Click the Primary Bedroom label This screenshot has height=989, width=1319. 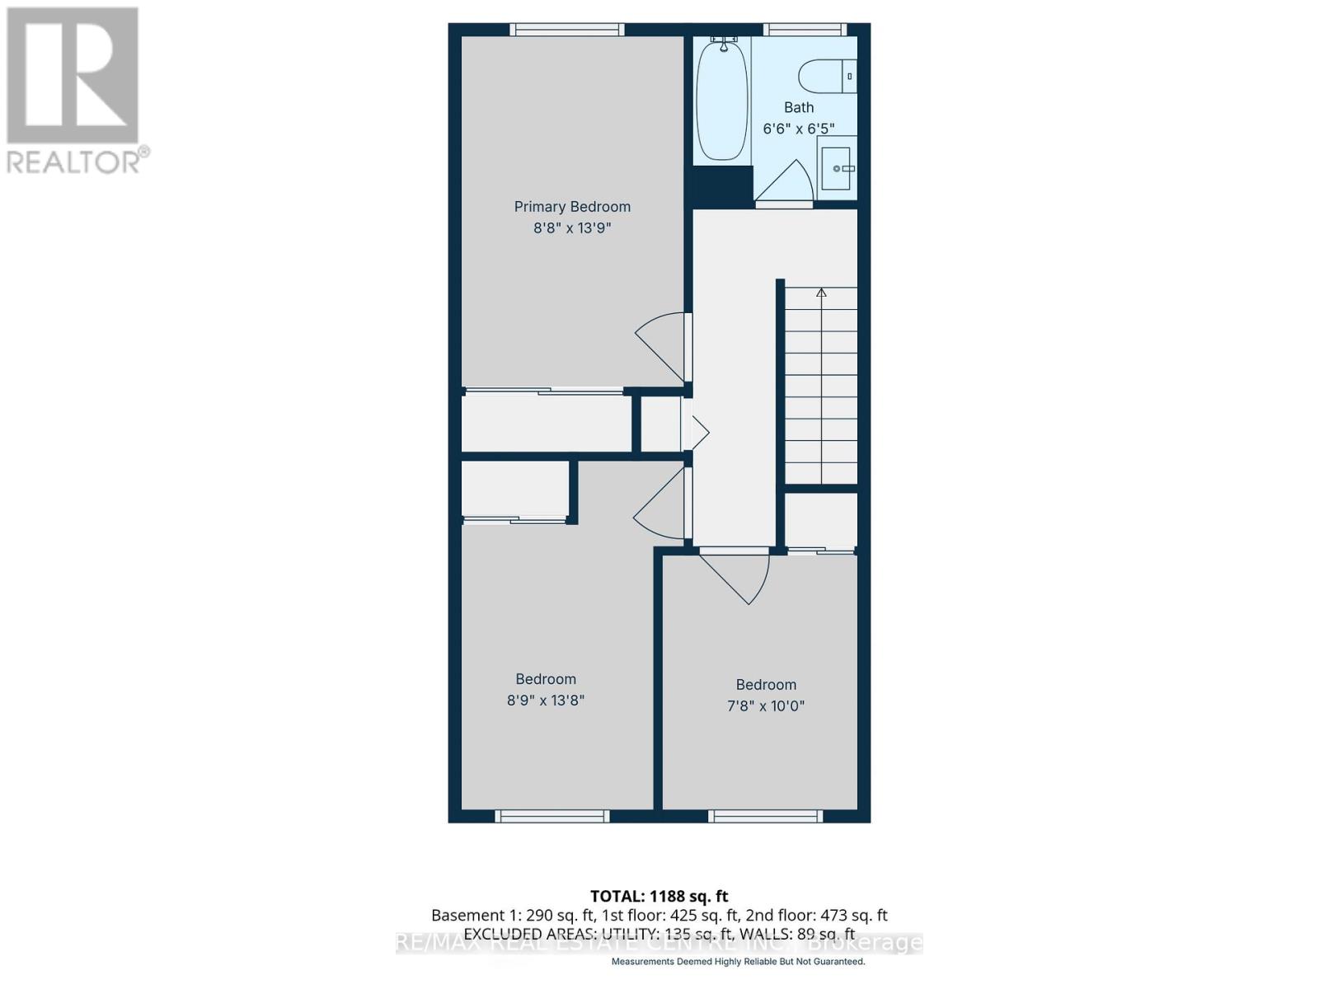(572, 207)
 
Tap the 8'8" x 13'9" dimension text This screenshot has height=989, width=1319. (572, 228)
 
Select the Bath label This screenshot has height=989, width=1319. (798, 107)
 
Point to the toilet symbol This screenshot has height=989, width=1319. (824, 77)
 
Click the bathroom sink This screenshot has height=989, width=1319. (836, 169)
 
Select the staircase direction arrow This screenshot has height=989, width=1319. (821, 293)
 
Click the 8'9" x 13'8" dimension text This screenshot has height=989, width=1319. (546, 701)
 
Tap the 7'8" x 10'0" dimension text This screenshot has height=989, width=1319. (766, 706)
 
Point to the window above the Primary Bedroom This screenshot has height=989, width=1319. (567, 30)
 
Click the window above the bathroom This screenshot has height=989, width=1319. (805, 30)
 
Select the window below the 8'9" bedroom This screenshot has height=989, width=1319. (552, 816)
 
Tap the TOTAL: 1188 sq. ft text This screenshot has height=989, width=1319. (659, 896)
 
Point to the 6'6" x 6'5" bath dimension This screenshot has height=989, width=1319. (798, 129)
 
